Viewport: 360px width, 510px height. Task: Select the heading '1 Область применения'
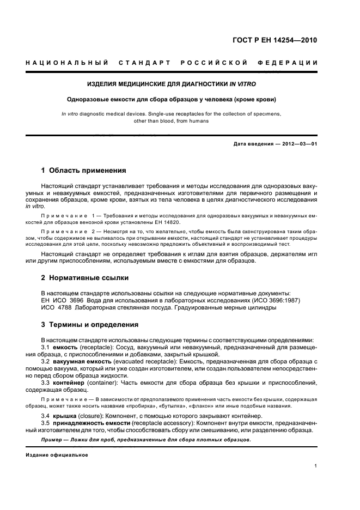click(x=84, y=171)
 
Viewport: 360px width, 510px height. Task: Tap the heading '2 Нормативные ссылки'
click(x=85, y=278)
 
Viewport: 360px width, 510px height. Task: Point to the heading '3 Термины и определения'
click(x=90, y=325)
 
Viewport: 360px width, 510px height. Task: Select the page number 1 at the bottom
click(x=316, y=466)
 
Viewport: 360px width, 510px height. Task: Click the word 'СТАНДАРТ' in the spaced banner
click(x=144, y=63)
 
